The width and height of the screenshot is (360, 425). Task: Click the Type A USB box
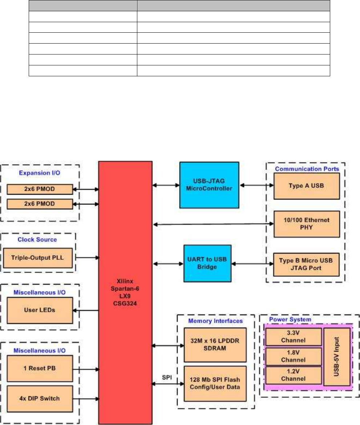(307, 186)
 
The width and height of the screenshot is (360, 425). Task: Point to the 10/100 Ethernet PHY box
(307, 224)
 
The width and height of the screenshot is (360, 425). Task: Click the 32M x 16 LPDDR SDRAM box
(215, 344)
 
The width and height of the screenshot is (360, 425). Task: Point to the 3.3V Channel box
(294, 337)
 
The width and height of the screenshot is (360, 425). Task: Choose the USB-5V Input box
(337, 356)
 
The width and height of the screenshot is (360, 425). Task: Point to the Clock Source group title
(37, 240)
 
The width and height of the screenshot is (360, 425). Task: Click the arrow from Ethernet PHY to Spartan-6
(213, 224)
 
